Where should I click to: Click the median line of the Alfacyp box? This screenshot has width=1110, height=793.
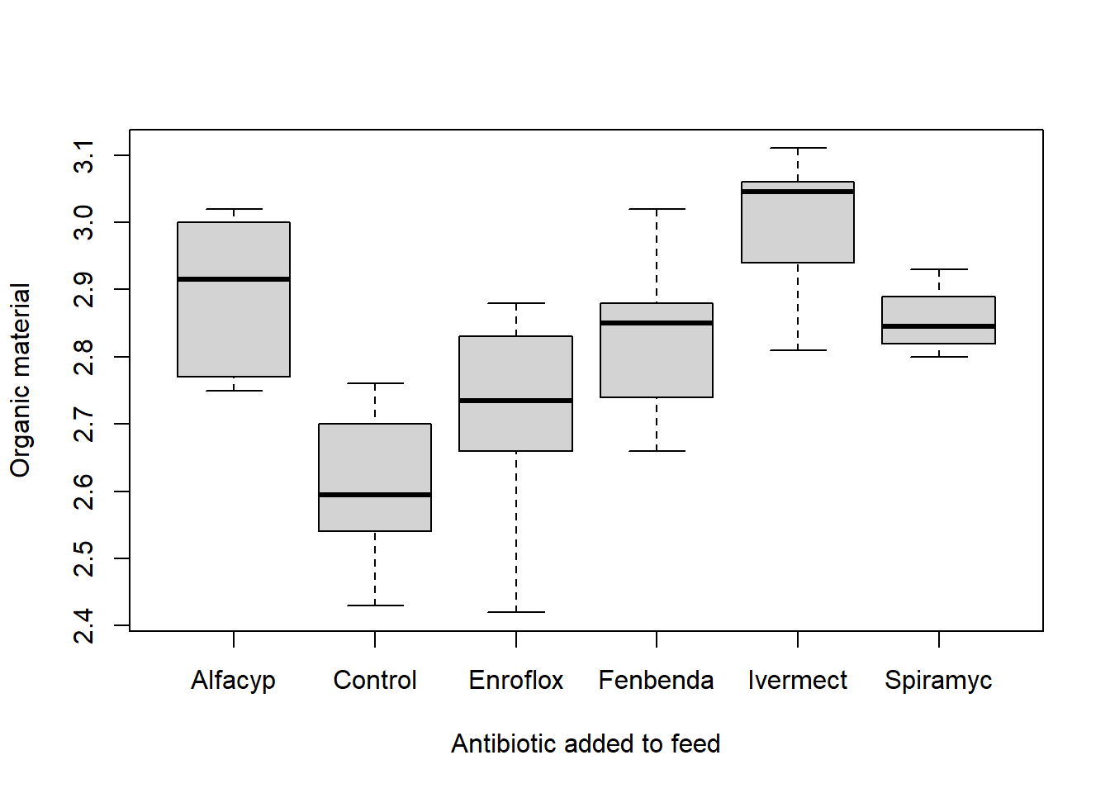234,279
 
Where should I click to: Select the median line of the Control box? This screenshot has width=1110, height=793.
375,495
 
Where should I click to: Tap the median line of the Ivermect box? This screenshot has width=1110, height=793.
798,192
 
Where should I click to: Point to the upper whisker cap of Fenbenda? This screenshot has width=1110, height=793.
657,209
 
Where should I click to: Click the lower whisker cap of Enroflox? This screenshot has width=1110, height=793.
516,612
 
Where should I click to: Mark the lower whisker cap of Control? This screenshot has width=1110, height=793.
375,605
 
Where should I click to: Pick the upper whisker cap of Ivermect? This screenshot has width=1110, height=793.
798,148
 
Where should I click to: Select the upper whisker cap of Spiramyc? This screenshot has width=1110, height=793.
939,269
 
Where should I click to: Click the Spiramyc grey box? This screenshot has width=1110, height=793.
939,311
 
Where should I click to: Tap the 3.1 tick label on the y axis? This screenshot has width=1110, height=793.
84,156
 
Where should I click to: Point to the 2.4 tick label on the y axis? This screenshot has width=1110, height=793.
84,626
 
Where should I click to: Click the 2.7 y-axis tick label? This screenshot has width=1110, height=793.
84,425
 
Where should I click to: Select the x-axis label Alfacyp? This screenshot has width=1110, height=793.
234,681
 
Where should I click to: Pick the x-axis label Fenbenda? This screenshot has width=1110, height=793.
657,681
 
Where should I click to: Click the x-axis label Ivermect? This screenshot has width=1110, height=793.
798,681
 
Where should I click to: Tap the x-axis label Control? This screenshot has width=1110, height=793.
375,681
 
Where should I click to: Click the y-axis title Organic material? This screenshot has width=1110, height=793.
20,380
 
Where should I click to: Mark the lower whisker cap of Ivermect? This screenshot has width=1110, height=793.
798,350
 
